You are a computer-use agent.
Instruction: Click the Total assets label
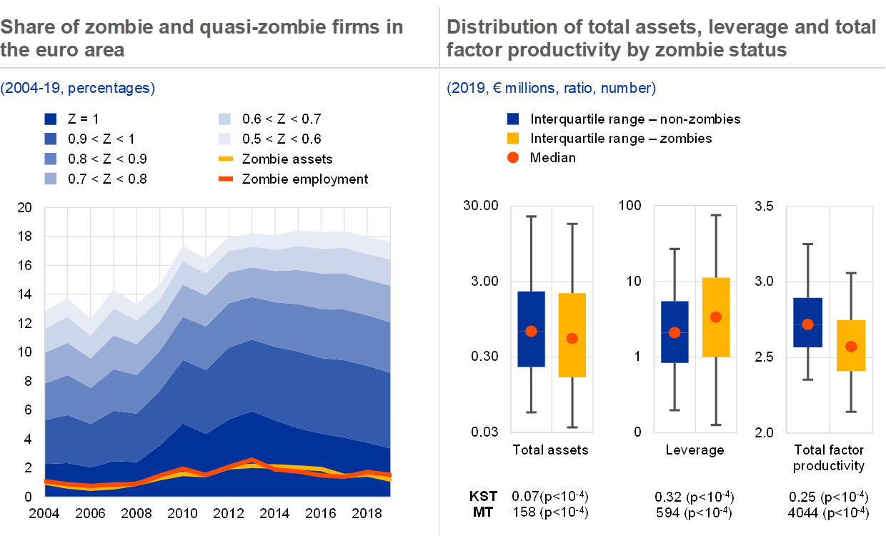coord(550,450)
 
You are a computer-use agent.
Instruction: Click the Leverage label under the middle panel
coord(695,450)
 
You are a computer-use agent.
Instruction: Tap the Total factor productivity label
coord(829,458)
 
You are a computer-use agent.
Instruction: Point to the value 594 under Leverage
coord(667,512)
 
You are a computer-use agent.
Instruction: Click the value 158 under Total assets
coord(524,512)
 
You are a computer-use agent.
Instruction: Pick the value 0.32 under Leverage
coord(668,497)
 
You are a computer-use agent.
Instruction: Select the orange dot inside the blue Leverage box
coord(675,332)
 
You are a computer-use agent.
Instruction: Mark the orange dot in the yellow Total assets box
coord(572,338)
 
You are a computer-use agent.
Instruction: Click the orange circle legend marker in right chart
coord(512,158)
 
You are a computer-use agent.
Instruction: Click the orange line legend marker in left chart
coord(225,178)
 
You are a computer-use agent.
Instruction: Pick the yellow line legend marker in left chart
coord(225,159)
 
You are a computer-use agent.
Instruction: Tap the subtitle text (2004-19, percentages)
coord(78,89)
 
